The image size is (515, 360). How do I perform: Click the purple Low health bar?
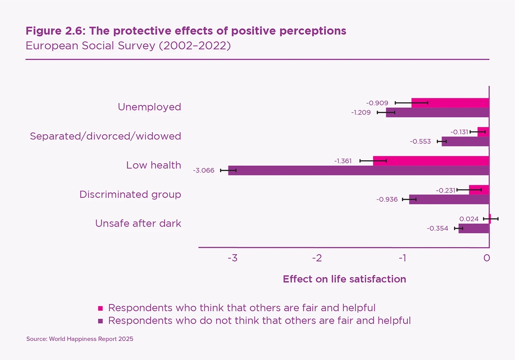click(358, 170)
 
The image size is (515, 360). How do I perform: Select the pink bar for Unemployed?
click(450, 103)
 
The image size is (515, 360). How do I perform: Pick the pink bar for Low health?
click(431, 161)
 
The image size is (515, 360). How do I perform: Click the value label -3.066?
click(204, 170)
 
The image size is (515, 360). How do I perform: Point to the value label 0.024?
click(469, 219)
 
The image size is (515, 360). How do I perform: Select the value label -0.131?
click(459, 132)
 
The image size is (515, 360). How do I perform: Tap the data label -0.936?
click(387, 199)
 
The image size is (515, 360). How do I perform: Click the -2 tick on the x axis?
click(317, 258)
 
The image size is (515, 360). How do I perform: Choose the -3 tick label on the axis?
click(233, 258)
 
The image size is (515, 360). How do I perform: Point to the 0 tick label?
click(486, 258)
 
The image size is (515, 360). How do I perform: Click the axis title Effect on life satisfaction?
click(344, 279)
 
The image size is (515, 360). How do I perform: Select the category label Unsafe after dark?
click(138, 223)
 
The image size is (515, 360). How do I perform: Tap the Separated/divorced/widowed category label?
click(105, 136)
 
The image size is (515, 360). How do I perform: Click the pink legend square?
click(101, 308)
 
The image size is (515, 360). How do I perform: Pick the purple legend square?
click(101, 321)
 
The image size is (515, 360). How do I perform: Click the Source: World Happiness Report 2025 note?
click(80, 339)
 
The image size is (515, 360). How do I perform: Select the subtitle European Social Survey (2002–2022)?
click(128, 46)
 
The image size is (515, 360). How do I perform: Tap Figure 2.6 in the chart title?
click(54, 31)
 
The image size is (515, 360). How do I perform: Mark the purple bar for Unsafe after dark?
click(473, 228)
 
